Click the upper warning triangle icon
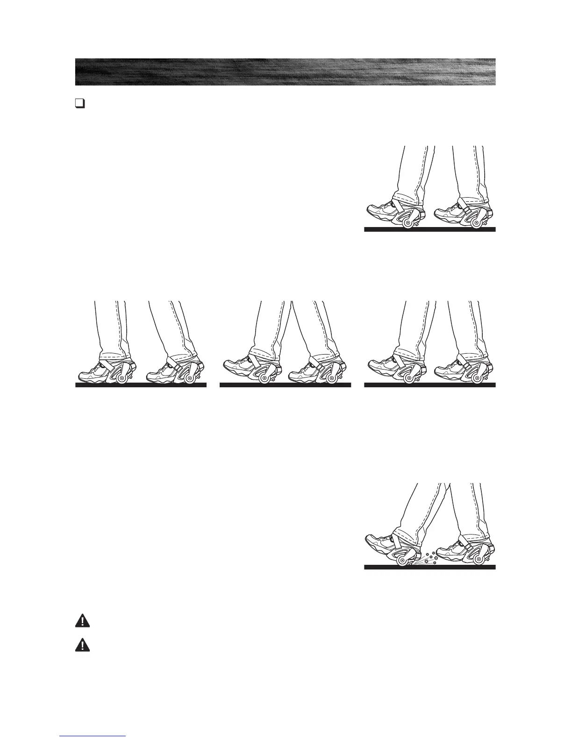[82, 620]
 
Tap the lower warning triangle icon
[82, 645]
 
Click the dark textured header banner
[285, 72]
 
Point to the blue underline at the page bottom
[93, 736]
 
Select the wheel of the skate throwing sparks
[401, 560]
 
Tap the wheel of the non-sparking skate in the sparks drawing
[477, 559]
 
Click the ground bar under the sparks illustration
[429, 567]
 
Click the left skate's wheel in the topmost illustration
[408, 224]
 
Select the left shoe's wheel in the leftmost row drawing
[123, 378]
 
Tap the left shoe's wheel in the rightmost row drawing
[408, 377]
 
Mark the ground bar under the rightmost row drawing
[429, 385]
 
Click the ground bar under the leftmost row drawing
[141, 385]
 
